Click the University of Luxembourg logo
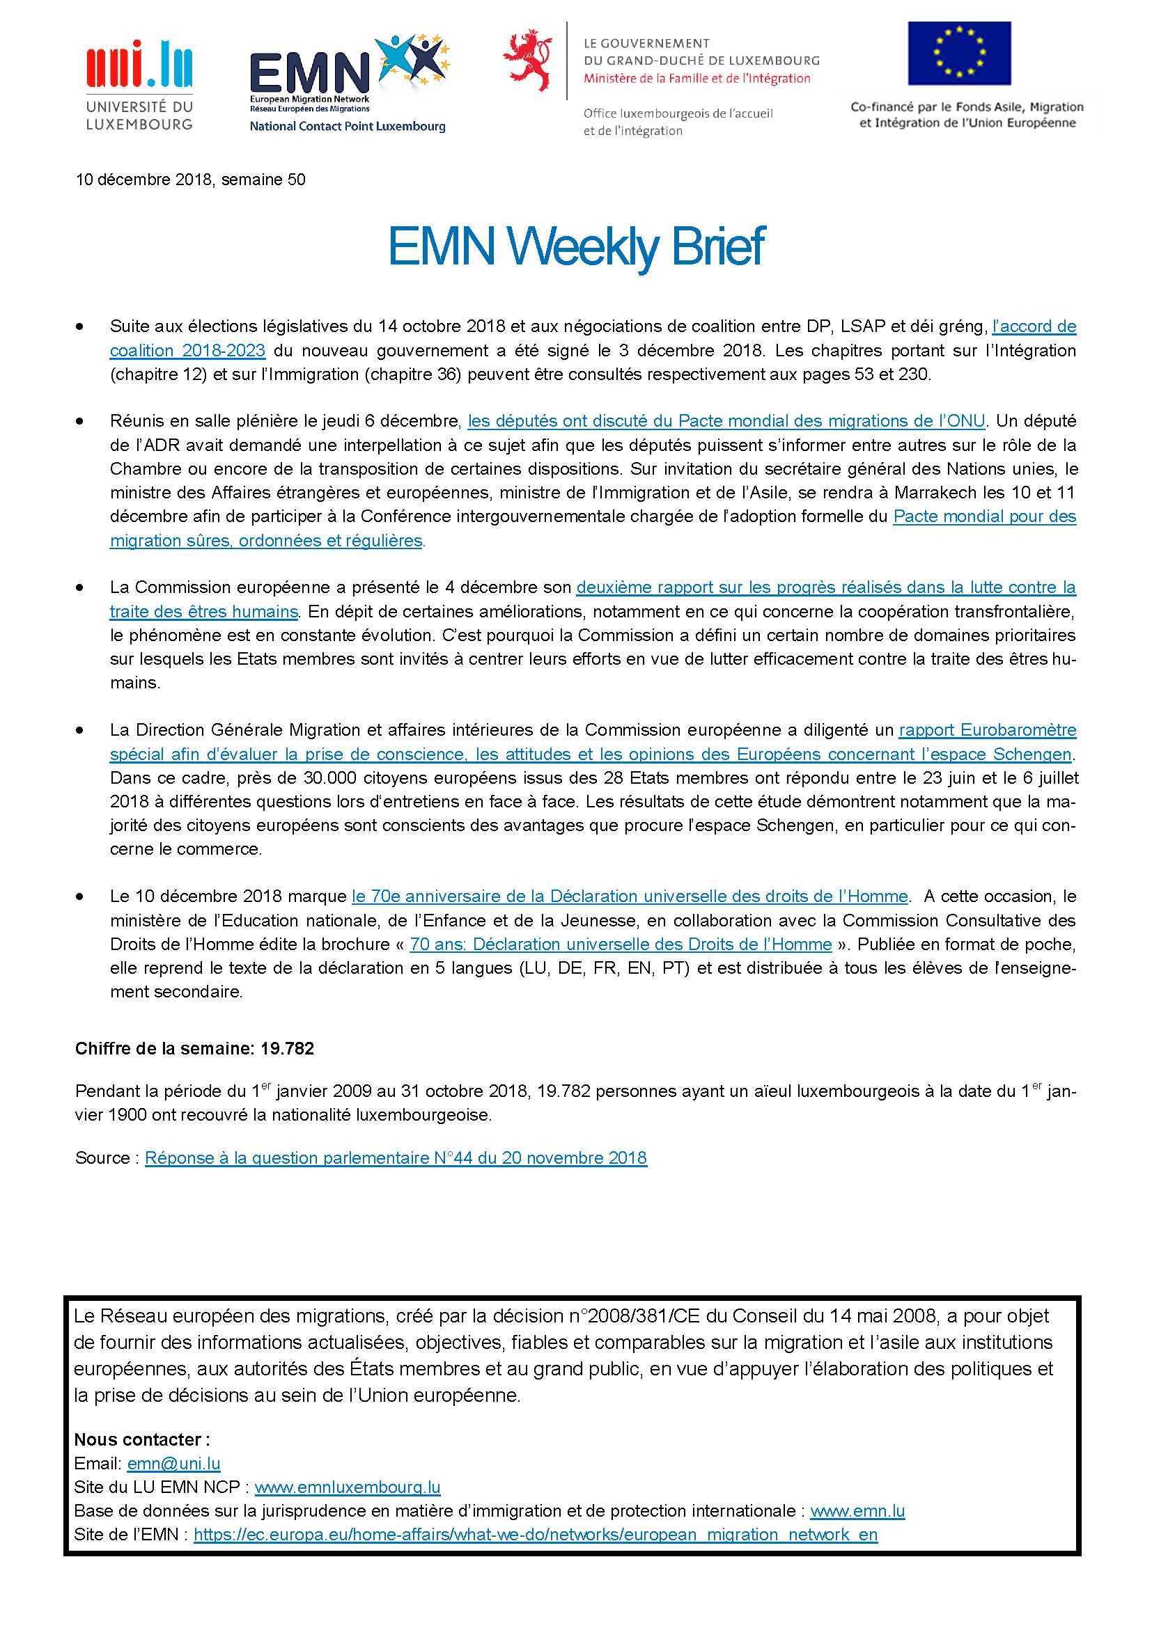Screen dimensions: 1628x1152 tap(139, 85)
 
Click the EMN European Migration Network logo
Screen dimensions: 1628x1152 tap(348, 82)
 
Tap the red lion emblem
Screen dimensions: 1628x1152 tap(528, 60)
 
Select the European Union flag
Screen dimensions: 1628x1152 tap(959, 53)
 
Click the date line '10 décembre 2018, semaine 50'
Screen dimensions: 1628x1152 tap(190, 180)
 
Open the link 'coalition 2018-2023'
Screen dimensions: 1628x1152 tap(187, 350)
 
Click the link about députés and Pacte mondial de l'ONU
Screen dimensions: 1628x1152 tap(726, 421)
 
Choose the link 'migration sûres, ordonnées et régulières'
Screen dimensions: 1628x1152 tap(266, 540)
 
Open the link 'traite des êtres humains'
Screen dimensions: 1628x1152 tap(203, 611)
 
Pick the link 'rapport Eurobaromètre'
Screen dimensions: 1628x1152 tap(987, 729)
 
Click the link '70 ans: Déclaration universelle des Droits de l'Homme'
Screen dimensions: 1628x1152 tap(620, 945)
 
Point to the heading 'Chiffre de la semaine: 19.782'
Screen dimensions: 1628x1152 tap(194, 1048)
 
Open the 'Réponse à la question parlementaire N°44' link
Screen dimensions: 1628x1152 tap(396, 1158)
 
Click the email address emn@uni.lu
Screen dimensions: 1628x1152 tap(174, 1464)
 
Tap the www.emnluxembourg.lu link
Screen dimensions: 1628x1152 tap(348, 1487)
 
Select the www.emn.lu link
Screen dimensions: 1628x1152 tap(857, 1511)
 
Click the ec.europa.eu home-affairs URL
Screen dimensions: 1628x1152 tap(536, 1535)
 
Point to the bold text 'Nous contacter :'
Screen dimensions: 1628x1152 tap(142, 1439)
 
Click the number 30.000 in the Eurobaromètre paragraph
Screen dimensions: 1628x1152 tap(330, 778)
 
